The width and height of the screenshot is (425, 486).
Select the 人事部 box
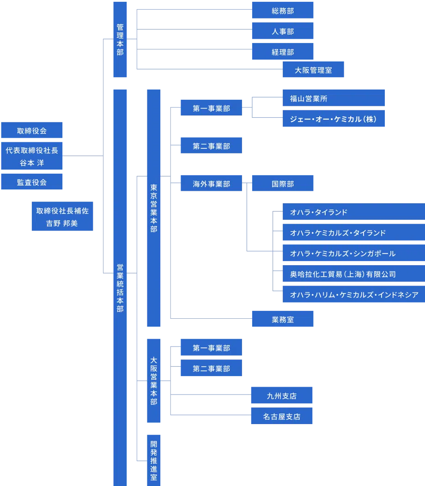tap(283, 32)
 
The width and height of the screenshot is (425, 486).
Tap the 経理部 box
tap(283, 52)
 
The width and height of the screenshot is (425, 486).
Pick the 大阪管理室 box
tap(314, 70)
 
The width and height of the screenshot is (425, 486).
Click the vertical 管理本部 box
tap(120, 39)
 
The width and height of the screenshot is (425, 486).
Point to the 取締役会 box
tap(31, 131)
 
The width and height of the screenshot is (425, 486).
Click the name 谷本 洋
tap(31, 163)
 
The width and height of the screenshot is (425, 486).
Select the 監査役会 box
tap(31, 182)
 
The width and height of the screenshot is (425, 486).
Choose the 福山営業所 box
tap(334, 98)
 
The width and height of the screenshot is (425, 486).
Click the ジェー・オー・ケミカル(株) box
tap(334, 119)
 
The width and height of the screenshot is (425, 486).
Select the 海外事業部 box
tap(211, 184)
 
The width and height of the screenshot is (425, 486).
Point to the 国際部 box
tap(283, 184)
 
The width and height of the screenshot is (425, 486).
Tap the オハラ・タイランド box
tap(353, 213)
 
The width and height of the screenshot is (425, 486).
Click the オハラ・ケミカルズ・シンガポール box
tap(353, 254)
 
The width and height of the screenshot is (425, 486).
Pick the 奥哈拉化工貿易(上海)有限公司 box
tap(353, 274)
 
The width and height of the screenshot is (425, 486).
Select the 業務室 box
tap(283, 319)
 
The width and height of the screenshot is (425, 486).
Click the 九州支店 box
tap(281, 396)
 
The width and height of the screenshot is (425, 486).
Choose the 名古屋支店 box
tap(281, 416)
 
